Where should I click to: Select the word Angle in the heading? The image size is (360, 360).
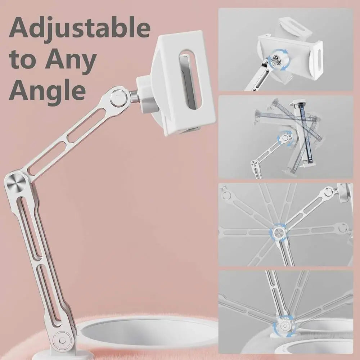coord(47,90)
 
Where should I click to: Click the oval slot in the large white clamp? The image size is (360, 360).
coord(190,80)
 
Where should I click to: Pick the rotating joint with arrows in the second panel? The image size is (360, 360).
coord(285,138)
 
